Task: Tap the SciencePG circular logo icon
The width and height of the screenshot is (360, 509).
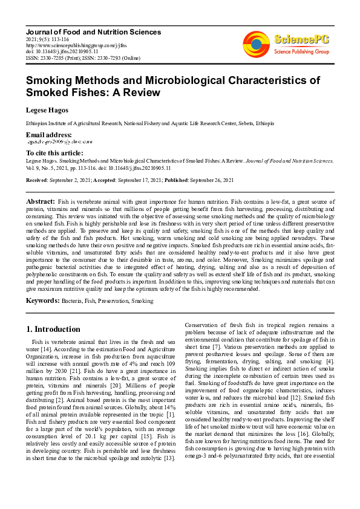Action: coord(256,44)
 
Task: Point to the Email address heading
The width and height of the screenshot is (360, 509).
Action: coord(48,134)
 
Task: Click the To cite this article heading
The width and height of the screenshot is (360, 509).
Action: coord(54,153)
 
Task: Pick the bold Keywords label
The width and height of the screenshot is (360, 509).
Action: coord(42,300)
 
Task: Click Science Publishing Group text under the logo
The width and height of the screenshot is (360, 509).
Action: coord(301,52)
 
